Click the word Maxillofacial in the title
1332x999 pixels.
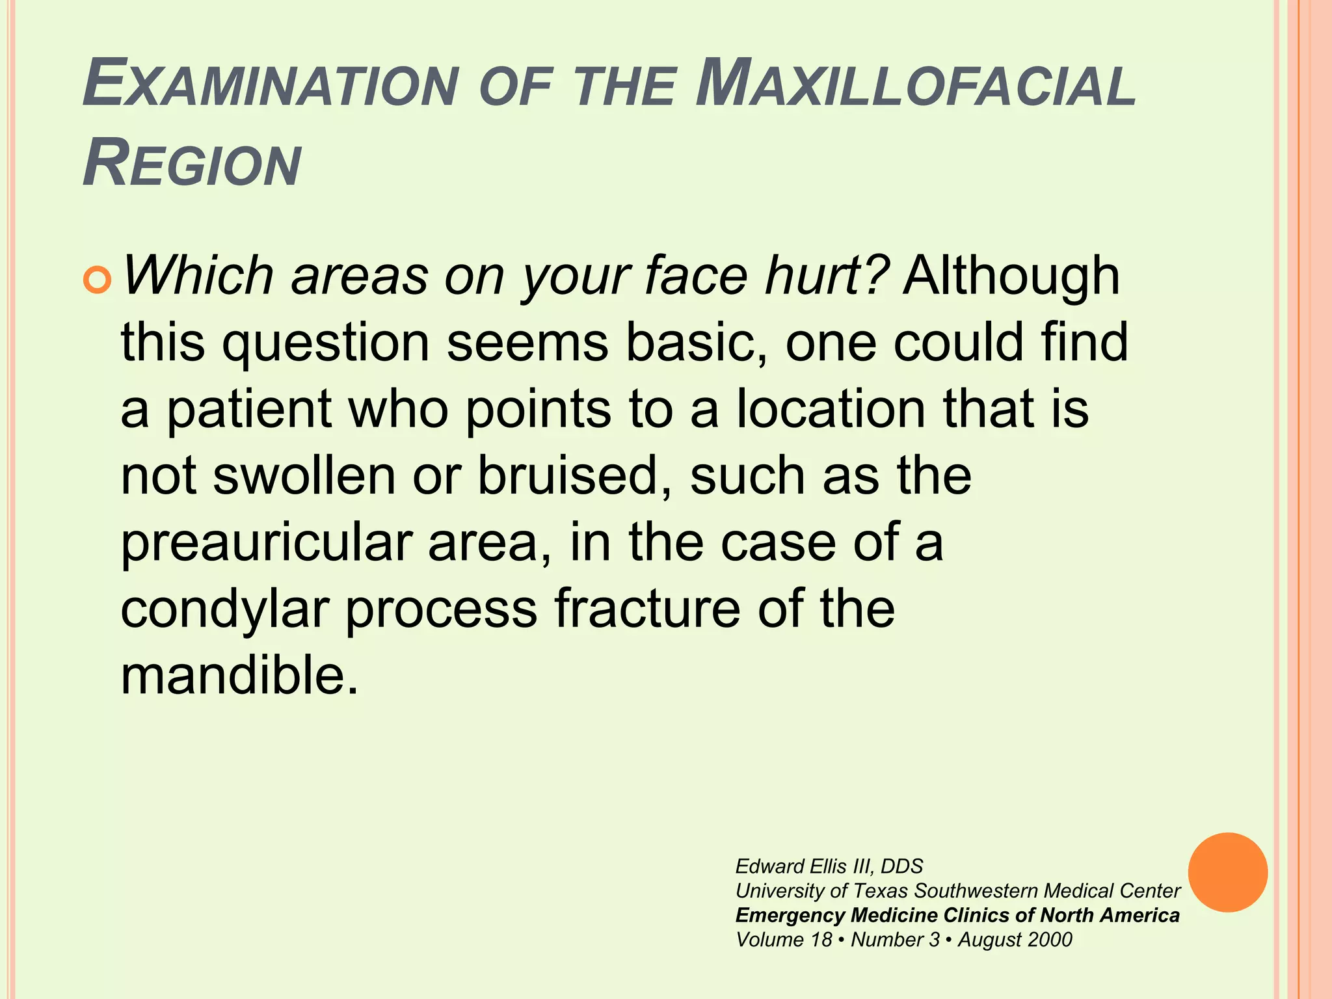(916, 85)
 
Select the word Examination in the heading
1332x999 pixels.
(270, 85)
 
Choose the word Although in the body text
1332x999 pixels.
(1011, 276)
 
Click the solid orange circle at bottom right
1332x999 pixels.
(1227, 872)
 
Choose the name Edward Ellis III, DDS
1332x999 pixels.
(829, 866)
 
